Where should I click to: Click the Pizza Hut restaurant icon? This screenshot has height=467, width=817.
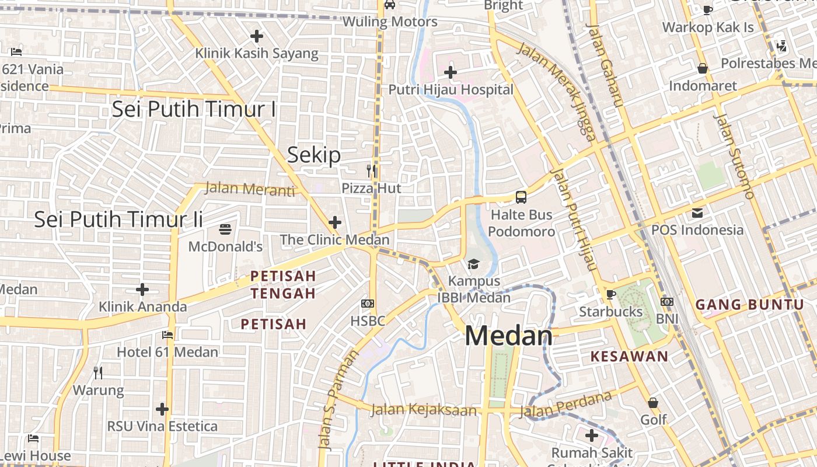[371, 171]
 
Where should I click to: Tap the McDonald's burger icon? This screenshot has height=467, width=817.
[225, 229]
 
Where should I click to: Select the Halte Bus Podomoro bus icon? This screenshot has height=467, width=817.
[521, 197]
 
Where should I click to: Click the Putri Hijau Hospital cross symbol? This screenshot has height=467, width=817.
[450, 73]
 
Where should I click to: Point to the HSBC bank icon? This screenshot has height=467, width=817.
[368, 304]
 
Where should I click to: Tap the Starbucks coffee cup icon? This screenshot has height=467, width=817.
[611, 294]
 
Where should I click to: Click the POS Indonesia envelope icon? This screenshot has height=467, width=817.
[697, 212]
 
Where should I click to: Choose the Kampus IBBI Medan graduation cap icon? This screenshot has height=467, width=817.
[473, 264]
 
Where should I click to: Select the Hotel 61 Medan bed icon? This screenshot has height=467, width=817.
[167, 335]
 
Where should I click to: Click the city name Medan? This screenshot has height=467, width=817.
[508, 336]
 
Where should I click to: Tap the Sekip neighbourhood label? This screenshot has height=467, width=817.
[314, 155]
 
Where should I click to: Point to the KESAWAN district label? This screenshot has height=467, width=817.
[629, 357]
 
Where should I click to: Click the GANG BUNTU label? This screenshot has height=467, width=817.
[750, 304]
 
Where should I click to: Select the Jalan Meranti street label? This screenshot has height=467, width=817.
[250, 189]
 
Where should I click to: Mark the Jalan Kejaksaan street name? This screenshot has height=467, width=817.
[424, 410]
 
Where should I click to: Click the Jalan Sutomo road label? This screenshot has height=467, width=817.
[734, 155]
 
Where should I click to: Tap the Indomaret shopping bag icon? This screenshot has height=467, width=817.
[703, 69]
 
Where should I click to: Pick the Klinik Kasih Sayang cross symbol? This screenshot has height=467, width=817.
[257, 36]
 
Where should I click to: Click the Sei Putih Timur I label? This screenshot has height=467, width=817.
[194, 109]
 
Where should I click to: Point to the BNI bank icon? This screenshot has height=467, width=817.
[667, 302]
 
